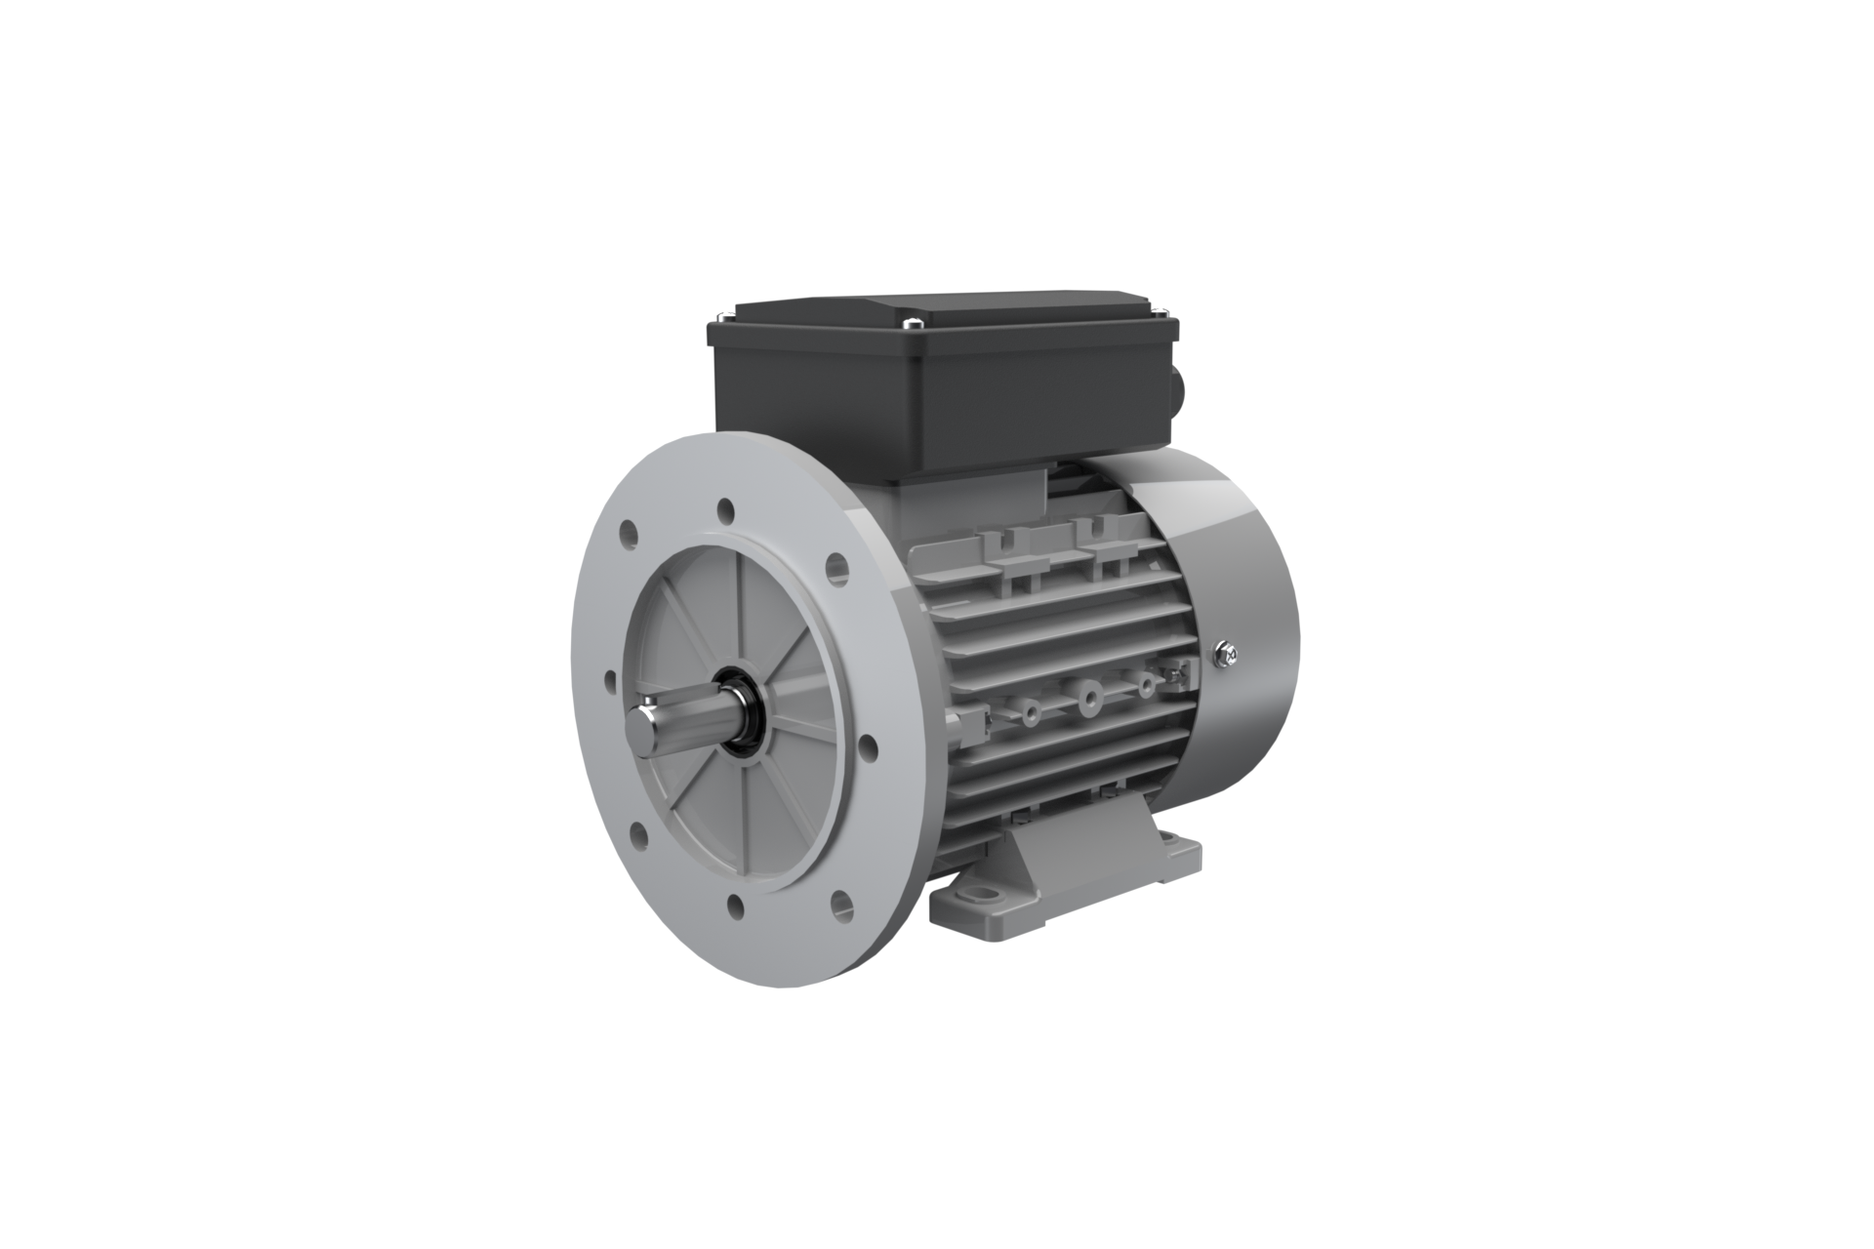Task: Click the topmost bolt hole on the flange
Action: click(725, 509)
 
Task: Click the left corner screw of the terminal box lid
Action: click(720, 313)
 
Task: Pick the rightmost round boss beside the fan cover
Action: click(1144, 686)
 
